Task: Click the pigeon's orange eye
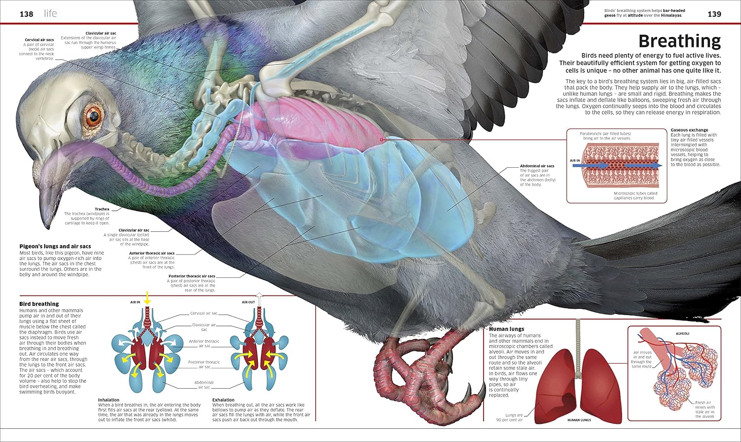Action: pos(94,115)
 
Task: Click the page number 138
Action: pos(27,14)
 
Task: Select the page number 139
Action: pos(714,14)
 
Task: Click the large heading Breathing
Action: pos(679,41)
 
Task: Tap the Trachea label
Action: pos(102,209)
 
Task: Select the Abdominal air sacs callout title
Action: pos(537,166)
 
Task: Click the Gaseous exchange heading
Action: pos(690,130)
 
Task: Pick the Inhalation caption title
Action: pos(109,400)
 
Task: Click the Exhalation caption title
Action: pos(223,400)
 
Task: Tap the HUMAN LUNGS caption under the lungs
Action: pos(579,420)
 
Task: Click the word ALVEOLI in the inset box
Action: pos(682,333)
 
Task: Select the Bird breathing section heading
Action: pos(39,304)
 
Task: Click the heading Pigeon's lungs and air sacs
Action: pos(55,246)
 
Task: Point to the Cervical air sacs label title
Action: pos(39,39)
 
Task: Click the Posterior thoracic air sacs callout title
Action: pos(192,276)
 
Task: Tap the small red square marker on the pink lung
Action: pos(381,140)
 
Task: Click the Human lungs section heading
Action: pos(506,329)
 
